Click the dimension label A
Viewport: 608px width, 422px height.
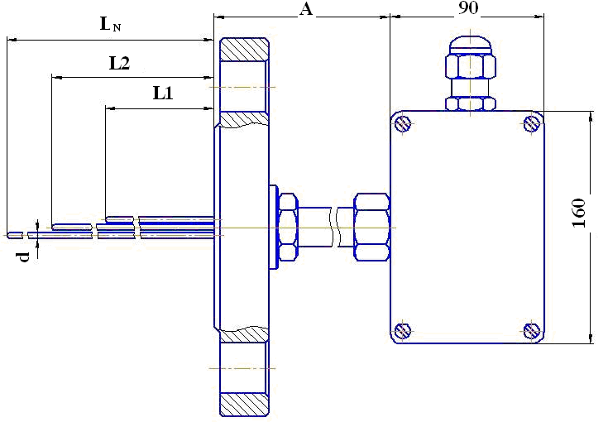pyautogui.click(x=306, y=9)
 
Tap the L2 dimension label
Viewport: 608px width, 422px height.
pyautogui.click(x=119, y=63)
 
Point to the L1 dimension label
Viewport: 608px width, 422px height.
pyautogui.click(x=162, y=94)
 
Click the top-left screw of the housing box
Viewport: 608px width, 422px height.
pyautogui.click(x=403, y=124)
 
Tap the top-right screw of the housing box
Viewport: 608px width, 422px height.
pyautogui.click(x=532, y=124)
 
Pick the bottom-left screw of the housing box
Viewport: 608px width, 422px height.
pyautogui.click(x=403, y=331)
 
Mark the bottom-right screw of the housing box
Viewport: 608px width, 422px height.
pyautogui.click(x=532, y=331)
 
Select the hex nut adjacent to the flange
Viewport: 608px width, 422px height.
pyautogui.click(x=288, y=228)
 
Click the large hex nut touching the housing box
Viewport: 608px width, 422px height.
pyautogui.click(x=371, y=227)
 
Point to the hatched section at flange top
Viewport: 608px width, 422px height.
pyautogui.click(x=244, y=49)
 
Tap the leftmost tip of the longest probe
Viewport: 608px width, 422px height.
pyautogui.click(x=10, y=235)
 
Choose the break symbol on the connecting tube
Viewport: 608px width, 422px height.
pyautogui.click(x=333, y=227)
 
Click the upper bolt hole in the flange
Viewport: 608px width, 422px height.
pyautogui.click(x=244, y=86)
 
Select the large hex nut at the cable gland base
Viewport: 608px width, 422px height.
pyautogui.click(x=470, y=67)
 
